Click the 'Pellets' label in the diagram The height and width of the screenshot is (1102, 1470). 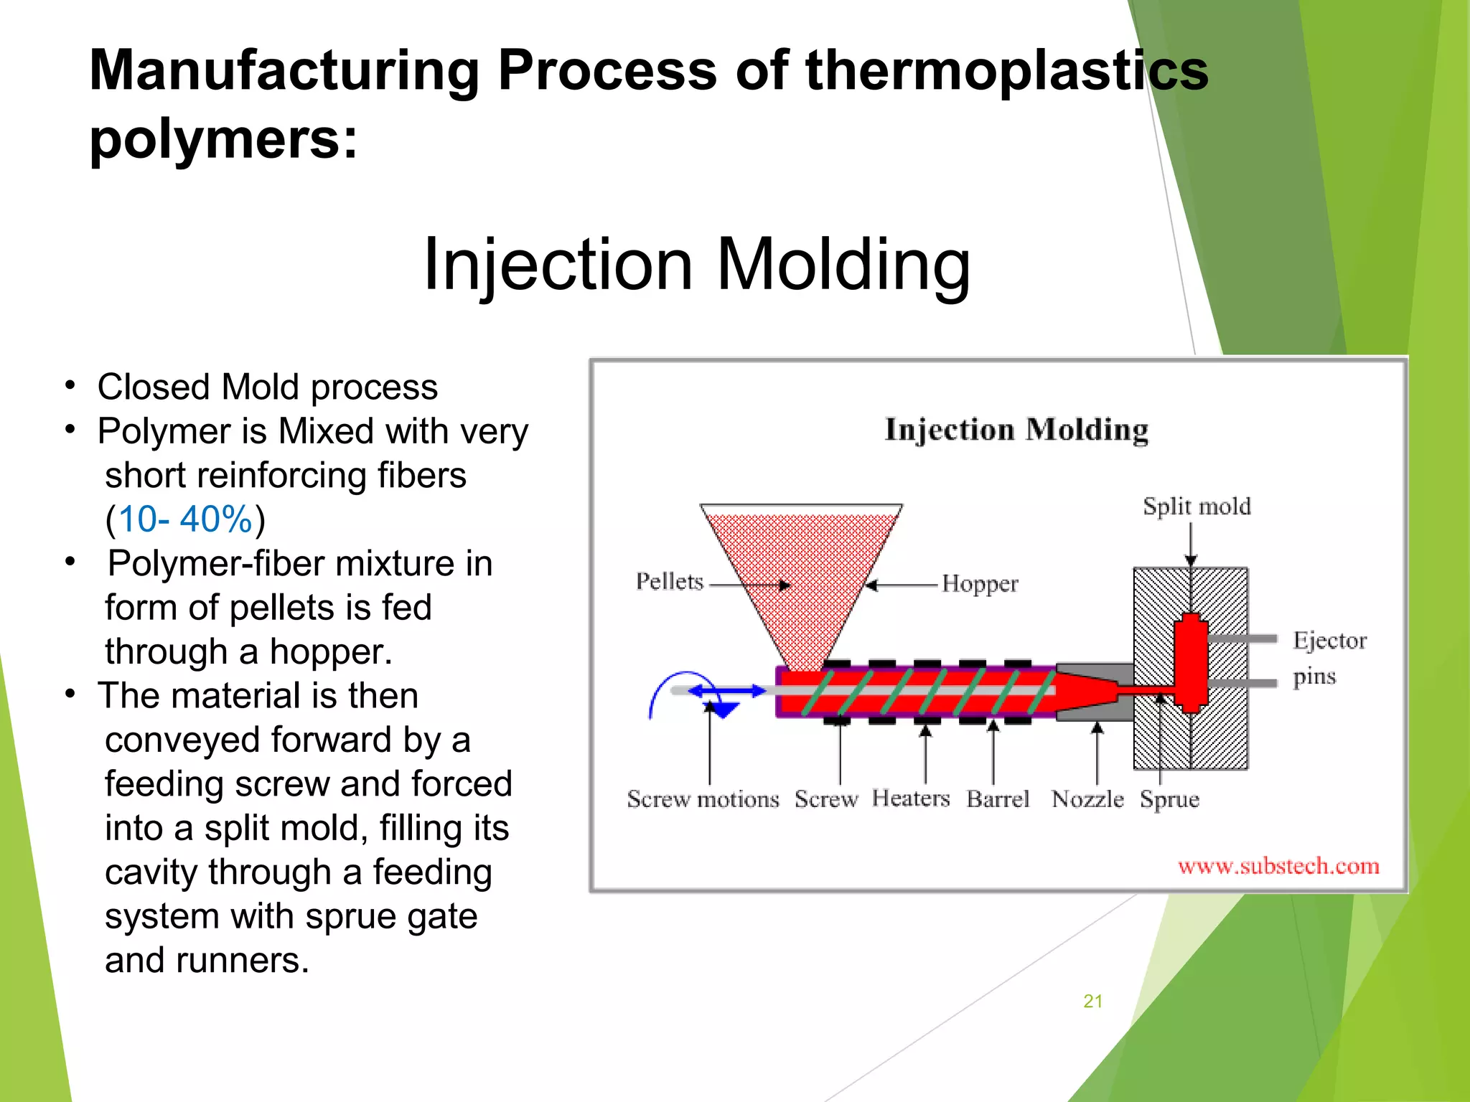pyautogui.click(x=669, y=581)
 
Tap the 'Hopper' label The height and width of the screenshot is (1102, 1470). pyautogui.click(x=979, y=584)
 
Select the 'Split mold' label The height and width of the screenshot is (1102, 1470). pyautogui.click(x=1197, y=507)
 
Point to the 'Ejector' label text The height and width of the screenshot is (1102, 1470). pyautogui.click(x=1329, y=640)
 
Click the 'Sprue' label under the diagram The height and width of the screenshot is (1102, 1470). pyautogui.click(x=1169, y=799)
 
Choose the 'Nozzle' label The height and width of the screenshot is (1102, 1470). pyautogui.click(x=1087, y=799)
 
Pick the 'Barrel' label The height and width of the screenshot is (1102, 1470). pyautogui.click(x=997, y=799)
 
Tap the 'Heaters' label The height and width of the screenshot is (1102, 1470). pyautogui.click(x=910, y=798)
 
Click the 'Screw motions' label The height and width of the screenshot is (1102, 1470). pyautogui.click(x=702, y=799)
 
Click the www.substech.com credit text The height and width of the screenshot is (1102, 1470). pyautogui.click(x=1278, y=866)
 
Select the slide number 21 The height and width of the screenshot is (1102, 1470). pyautogui.click(x=1092, y=1002)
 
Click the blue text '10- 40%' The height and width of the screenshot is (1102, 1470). pyautogui.click(x=185, y=519)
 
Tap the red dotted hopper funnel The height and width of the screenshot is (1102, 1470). pyautogui.click(x=800, y=567)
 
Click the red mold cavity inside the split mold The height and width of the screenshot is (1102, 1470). pyautogui.click(x=1191, y=661)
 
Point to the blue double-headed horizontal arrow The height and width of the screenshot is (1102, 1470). pyautogui.click(x=726, y=691)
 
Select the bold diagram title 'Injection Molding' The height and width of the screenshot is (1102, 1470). pyautogui.click(x=1016, y=430)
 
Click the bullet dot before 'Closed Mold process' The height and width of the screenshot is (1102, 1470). pyautogui.click(x=70, y=386)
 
